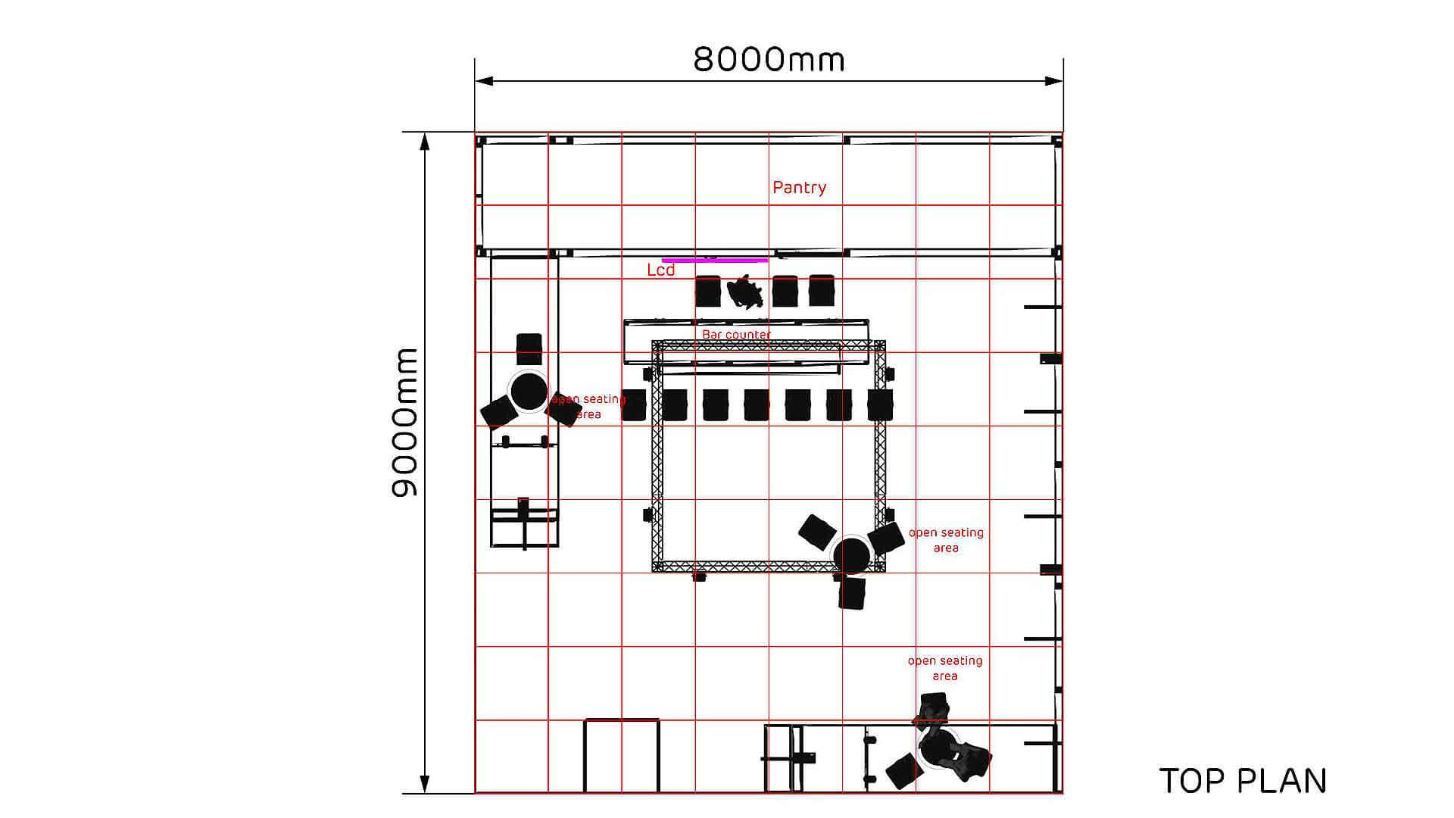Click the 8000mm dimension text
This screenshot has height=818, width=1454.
pyautogui.click(x=769, y=59)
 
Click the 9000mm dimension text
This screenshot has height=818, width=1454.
pyautogui.click(x=405, y=423)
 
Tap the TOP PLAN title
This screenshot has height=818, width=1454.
pyautogui.click(x=1243, y=781)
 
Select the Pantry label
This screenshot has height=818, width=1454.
pyautogui.click(x=799, y=188)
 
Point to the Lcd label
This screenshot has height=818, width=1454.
pyautogui.click(x=660, y=270)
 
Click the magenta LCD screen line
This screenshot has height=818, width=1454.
pyautogui.click(x=715, y=260)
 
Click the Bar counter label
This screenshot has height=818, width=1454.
pyautogui.click(x=736, y=334)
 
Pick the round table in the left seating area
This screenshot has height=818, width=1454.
pyautogui.click(x=529, y=391)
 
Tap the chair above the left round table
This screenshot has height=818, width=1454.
pyautogui.click(x=529, y=349)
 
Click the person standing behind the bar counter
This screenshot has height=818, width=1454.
pyautogui.click(x=744, y=292)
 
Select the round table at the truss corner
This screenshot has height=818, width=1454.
pyautogui.click(x=851, y=555)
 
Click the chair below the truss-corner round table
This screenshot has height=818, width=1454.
pyautogui.click(x=852, y=593)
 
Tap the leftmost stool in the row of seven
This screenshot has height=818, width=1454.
pyautogui.click(x=634, y=405)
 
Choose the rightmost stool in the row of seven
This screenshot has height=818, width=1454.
pyautogui.click(x=880, y=405)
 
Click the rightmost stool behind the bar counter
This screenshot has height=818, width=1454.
pyautogui.click(x=822, y=291)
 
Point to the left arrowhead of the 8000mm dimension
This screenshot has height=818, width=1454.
pyautogui.click(x=485, y=81)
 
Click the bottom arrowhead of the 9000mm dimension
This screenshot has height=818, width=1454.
pyautogui.click(x=425, y=784)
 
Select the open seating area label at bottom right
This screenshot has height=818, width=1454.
pyautogui.click(x=945, y=668)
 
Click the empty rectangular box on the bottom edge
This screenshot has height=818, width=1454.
pyautogui.click(x=621, y=756)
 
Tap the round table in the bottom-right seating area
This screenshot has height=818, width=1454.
pyautogui.click(x=939, y=748)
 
